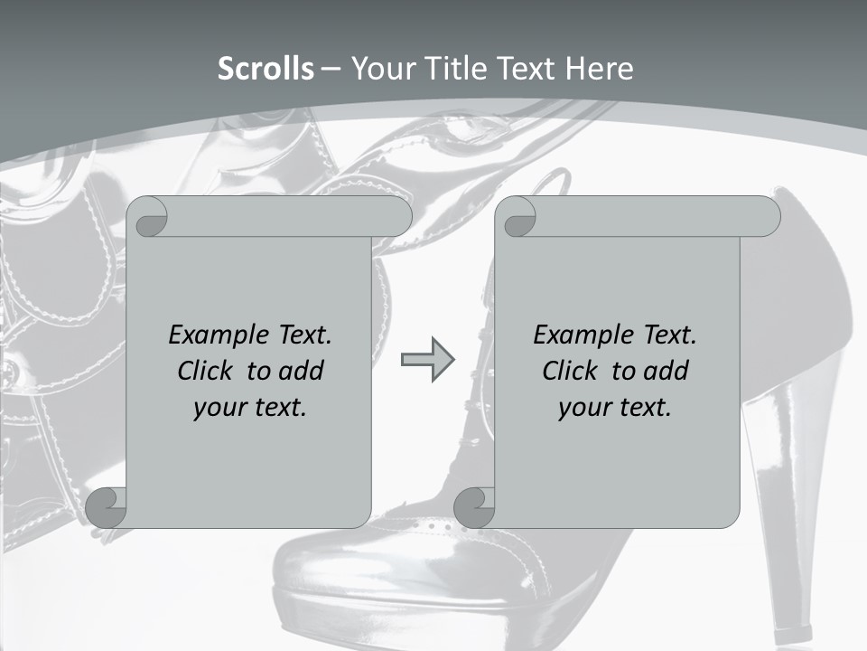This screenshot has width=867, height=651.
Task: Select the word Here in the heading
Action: pyautogui.click(x=599, y=69)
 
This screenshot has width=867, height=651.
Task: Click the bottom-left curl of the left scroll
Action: pyautogui.click(x=106, y=507)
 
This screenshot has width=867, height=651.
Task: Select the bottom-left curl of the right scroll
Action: pyautogui.click(x=473, y=507)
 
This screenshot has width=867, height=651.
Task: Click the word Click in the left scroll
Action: pyautogui.click(x=208, y=371)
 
